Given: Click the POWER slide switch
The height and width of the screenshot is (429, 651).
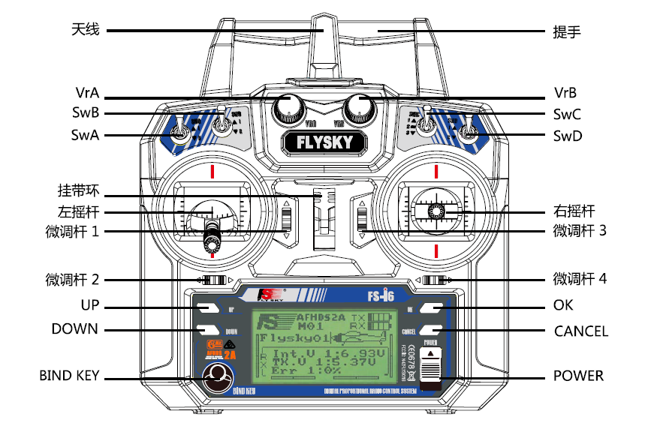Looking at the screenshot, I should pos(430,373).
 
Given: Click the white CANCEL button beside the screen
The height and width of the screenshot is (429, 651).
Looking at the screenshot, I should pos(430,331).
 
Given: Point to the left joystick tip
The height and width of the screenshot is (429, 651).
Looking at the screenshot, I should pos(212,241).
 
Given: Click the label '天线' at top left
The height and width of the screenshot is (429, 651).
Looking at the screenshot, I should pos(86,31).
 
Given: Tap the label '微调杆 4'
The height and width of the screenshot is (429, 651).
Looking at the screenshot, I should pos(580,280).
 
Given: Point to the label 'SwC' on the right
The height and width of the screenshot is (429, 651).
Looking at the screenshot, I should pos(567,115).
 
